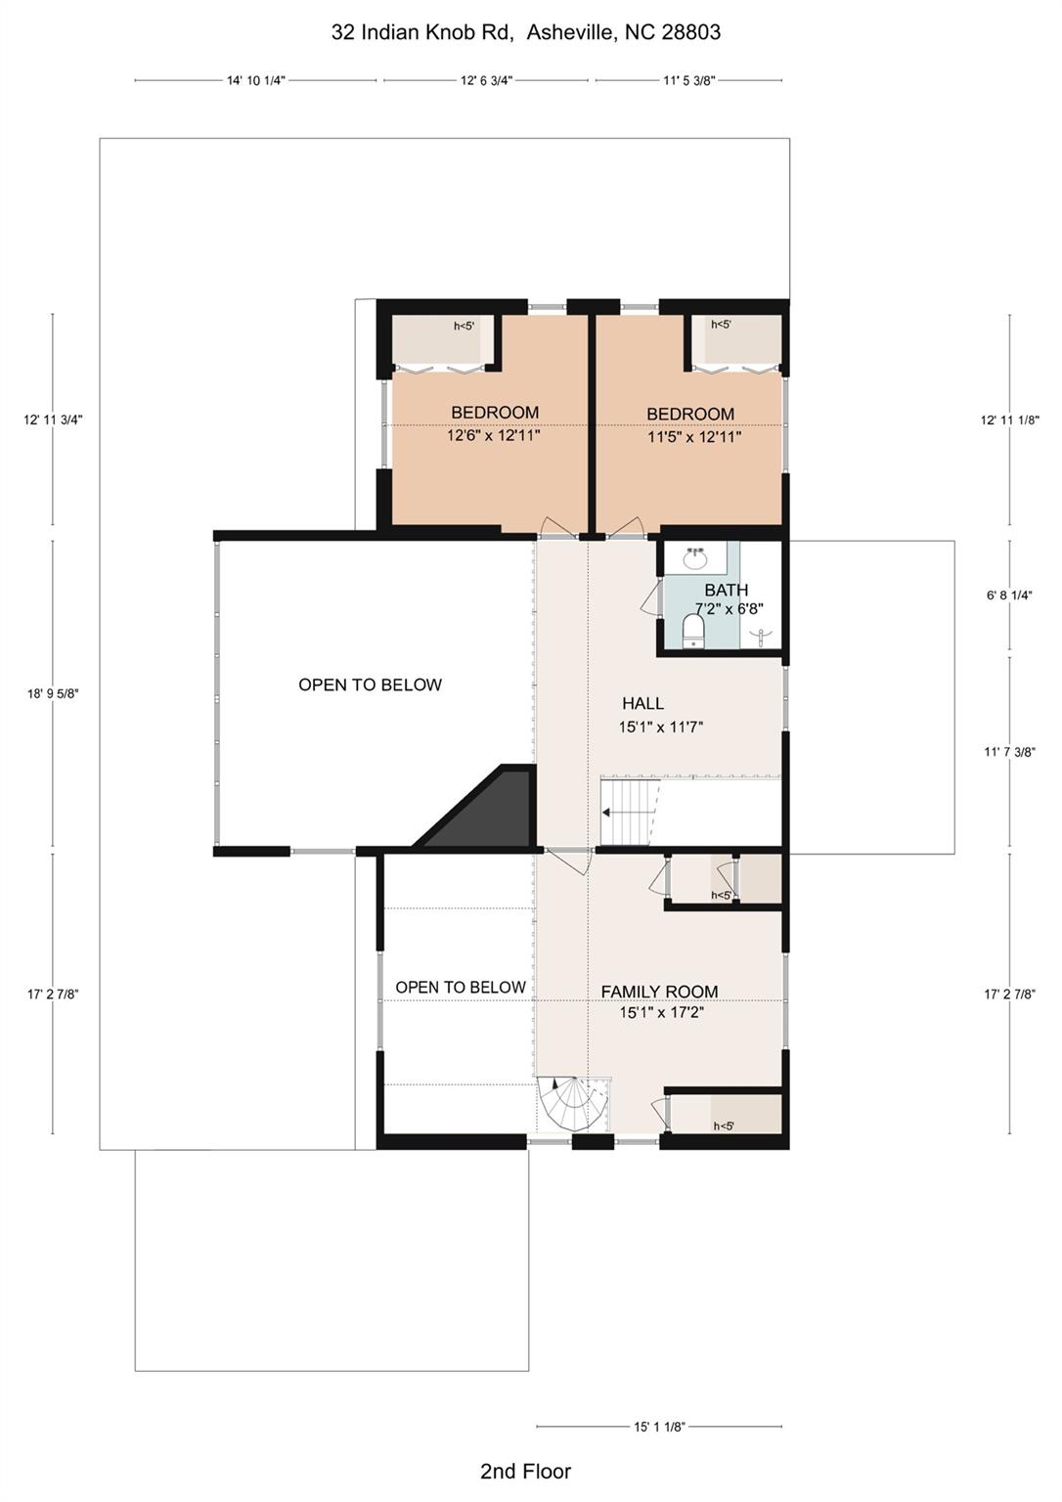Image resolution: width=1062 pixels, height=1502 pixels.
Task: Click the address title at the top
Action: (525, 32)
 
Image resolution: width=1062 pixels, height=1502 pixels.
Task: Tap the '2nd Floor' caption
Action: (525, 1471)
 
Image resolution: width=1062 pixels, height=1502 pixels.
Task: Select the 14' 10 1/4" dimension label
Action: (255, 81)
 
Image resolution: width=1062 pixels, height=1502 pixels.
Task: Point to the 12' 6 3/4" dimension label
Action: (486, 81)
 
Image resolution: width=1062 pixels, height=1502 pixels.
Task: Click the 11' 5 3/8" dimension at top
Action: (688, 81)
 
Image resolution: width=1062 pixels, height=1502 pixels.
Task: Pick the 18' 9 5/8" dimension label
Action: (53, 693)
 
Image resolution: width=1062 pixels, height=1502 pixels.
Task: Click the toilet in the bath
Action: (693, 631)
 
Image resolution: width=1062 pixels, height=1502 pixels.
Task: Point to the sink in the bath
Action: (695, 559)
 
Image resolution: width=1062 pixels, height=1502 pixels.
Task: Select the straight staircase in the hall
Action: (626, 812)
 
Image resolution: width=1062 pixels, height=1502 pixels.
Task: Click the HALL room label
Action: (642, 703)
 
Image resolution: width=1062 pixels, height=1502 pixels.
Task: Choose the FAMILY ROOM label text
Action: (659, 992)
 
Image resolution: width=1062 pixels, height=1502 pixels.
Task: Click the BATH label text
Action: (726, 590)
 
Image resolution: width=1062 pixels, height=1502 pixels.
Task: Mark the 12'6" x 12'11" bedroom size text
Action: (494, 436)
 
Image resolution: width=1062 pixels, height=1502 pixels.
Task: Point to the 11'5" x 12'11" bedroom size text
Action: (694, 437)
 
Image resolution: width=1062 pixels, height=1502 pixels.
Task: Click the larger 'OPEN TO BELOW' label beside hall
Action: (370, 685)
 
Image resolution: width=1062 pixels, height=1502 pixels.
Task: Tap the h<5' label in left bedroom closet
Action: (463, 327)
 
